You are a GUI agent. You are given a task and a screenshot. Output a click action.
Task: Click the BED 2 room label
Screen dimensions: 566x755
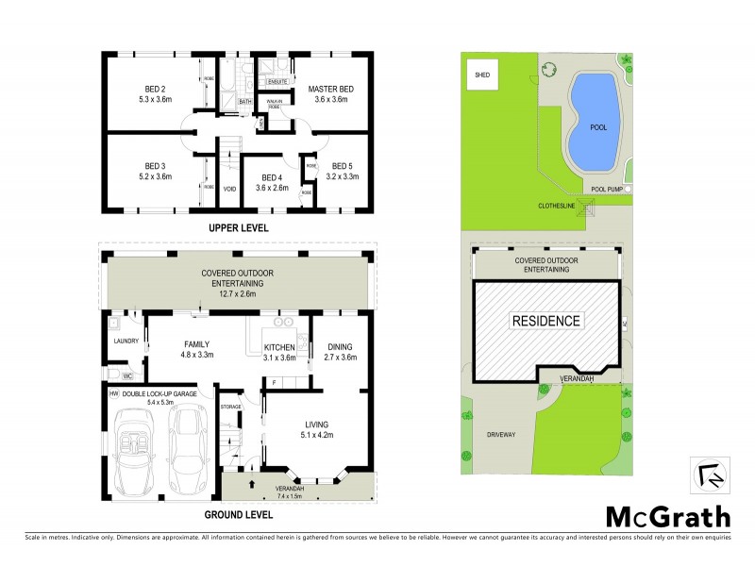click(x=143, y=88)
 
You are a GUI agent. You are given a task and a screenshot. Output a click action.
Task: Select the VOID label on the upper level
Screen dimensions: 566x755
click(x=228, y=189)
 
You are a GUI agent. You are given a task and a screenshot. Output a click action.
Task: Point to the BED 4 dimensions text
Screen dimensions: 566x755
click(x=272, y=188)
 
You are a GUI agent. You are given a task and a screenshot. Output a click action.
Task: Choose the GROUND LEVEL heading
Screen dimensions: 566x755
click(x=239, y=515)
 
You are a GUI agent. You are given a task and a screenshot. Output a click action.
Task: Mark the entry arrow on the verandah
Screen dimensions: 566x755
click(x=253, y=485)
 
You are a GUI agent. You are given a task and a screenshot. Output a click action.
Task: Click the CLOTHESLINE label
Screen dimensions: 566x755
click(x=556, y=205)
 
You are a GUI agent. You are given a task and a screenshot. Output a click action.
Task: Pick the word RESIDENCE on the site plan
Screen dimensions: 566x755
click(x=545, y=321)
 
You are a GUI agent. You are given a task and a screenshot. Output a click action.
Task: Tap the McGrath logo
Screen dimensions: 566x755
click(x=666, y=516)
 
